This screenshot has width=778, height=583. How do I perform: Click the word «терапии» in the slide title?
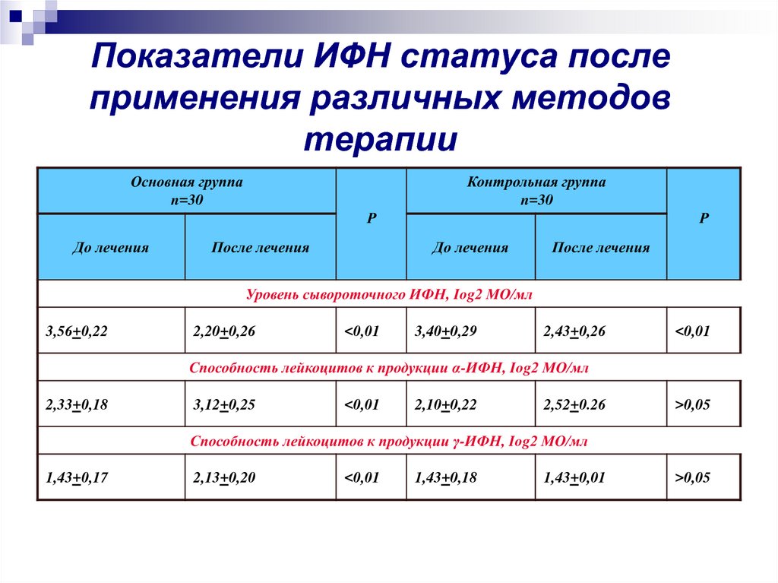click(381, 140)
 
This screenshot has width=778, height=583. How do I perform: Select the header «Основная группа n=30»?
click(187, 191)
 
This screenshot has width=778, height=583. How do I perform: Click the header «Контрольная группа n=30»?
click(536, 191)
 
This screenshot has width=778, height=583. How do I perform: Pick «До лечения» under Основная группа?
click(110, 247)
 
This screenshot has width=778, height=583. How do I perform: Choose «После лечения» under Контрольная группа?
click(600, 247)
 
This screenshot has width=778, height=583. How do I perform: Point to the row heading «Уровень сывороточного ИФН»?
click(388, 293)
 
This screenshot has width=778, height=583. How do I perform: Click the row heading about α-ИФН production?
click(388, 367)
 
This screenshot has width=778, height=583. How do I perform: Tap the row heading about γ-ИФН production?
click(388, 441)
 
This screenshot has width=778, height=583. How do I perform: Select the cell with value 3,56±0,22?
click(77, 331)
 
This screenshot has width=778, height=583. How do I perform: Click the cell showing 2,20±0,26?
click(224, 331)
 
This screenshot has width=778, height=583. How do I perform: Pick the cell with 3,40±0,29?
click(445, 331)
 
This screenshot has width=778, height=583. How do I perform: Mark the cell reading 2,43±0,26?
click(575, 331)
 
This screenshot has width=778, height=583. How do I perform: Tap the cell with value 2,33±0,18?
click(77, 404)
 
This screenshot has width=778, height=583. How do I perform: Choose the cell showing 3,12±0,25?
click(224, 404)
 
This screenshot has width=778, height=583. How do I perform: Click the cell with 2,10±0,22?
click(445, 404)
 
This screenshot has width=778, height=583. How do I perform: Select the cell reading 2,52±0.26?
click(575, 404)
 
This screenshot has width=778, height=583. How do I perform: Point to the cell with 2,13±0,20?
click(224, 478)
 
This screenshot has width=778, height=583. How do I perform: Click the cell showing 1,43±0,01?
click(575, 478)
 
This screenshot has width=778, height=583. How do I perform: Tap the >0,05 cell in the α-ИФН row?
click(692, 404)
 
